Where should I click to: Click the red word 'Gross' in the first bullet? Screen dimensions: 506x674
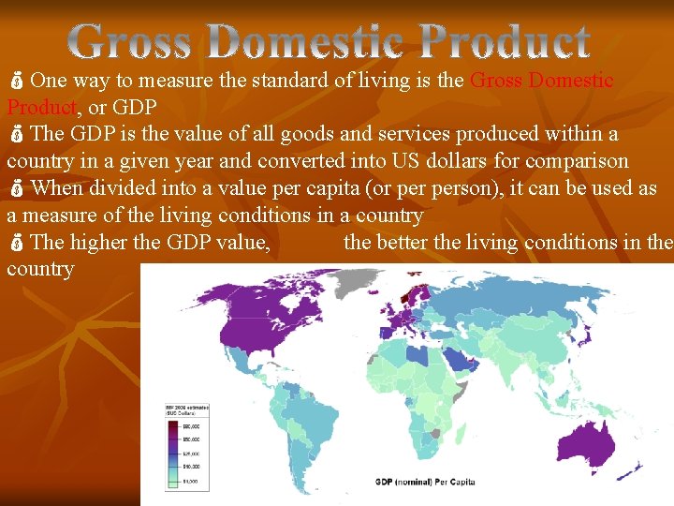click(495, 81)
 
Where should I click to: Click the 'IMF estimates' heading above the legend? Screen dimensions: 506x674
click(187, 409)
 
